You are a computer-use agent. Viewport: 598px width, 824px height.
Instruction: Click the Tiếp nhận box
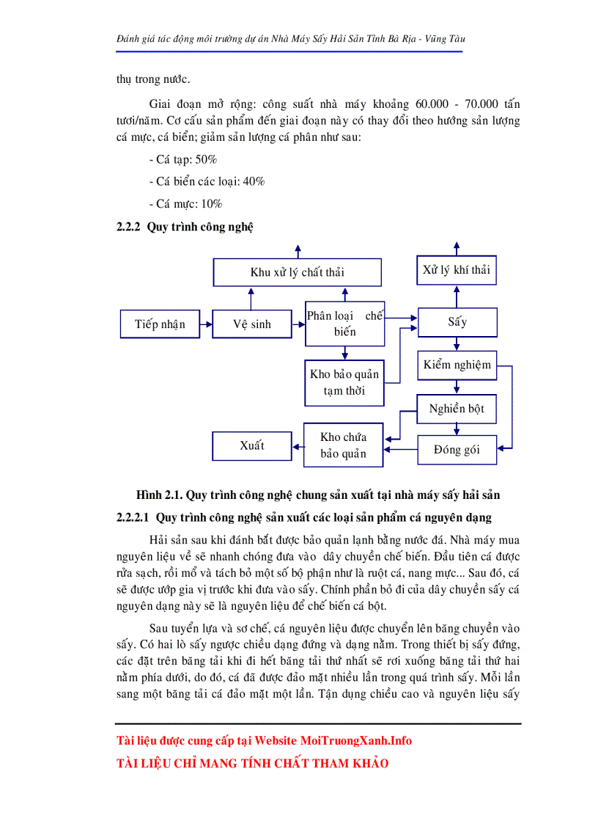coord(160,324)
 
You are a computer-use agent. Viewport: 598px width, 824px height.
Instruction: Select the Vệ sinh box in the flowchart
coord(251,324)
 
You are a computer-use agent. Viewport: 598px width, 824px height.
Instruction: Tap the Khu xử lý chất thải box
coord(297,272)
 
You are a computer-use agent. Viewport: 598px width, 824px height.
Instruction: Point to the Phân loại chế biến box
coord(344,324)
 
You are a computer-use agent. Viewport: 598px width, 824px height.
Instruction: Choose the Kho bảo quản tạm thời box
coord(344,382)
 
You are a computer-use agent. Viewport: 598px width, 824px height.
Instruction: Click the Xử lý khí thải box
coord(456,270)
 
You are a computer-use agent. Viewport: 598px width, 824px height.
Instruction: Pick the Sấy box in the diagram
coord(457,321)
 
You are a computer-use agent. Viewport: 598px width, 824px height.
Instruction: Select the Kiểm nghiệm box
coord(457,365)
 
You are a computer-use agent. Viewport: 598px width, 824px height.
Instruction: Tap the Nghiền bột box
coord(457,409)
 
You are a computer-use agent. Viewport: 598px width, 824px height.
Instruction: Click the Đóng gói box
coord(457,449)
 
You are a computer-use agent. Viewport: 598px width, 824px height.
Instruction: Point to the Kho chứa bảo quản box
coord(343,445)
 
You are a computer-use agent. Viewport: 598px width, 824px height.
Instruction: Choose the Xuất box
coord(251,445)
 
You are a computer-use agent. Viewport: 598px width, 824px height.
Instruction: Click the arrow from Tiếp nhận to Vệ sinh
coord(206,324)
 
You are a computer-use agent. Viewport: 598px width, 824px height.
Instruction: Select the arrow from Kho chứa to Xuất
coord(297,445)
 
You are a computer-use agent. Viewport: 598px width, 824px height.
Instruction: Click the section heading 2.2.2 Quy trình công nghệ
coord(185,227)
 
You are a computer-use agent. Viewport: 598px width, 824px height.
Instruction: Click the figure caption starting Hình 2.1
coord(318,496)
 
